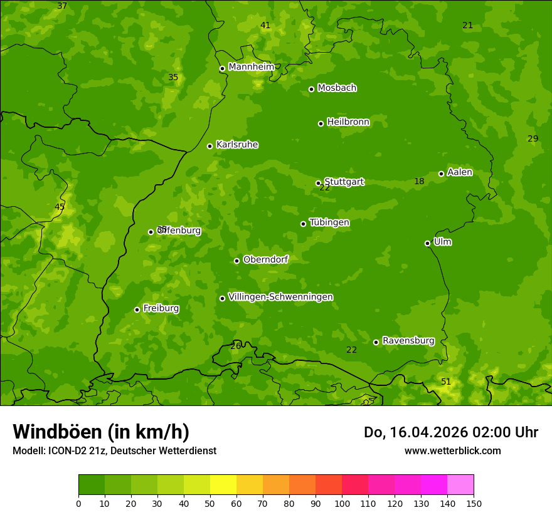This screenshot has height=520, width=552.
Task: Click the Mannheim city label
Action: pos(251,67)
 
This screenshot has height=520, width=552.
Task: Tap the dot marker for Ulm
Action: pos(427,243)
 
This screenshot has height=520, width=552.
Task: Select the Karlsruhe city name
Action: pos(237,145)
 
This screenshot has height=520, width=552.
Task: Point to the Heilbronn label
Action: pos(348,122)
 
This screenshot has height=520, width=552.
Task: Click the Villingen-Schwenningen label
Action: pos(280,297)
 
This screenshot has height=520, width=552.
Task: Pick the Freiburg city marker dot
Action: pos(137,309)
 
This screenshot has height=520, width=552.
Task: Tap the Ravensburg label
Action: pos(408,341)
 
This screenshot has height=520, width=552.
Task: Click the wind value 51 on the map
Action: pos(446,382)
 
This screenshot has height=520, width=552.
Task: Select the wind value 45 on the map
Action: pos(60,207)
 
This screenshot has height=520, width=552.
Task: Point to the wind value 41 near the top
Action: pos(265,26)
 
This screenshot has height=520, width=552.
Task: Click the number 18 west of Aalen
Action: pos(419,182)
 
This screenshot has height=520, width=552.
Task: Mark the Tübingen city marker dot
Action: pos(303,224)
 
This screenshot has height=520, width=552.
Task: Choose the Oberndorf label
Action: pos(265,259)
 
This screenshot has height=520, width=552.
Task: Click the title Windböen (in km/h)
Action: pos(101,432)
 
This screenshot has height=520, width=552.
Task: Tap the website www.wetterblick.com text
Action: pos(452,450)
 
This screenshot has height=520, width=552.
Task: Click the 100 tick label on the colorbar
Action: pos(342,503)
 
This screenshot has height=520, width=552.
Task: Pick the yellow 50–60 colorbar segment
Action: pos(223,485)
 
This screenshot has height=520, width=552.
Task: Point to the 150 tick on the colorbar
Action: pos(474,503)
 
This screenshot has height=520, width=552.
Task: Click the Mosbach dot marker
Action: pos(311,89)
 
